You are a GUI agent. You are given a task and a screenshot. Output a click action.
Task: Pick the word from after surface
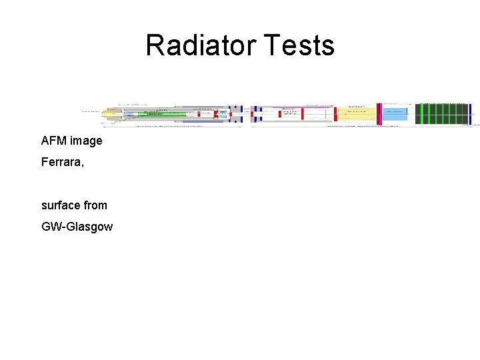point(95,205)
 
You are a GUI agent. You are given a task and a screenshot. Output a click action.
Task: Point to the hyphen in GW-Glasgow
point(63,227)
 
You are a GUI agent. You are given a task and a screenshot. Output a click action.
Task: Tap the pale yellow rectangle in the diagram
point(357,115)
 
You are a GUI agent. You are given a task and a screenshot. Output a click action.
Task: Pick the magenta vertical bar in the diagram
point(379,114)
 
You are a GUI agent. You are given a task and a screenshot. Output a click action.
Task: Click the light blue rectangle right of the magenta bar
point(394,115)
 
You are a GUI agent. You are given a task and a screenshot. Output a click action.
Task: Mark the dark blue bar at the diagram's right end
point(470,114)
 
